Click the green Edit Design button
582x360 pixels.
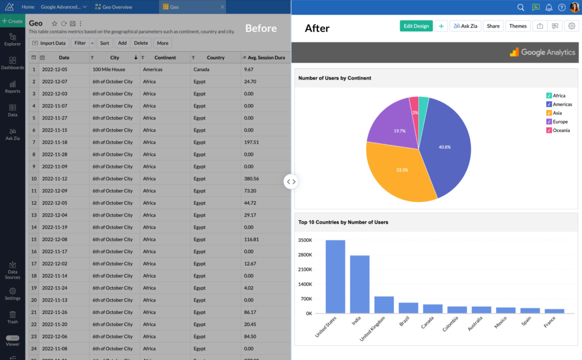[x=416, y=26]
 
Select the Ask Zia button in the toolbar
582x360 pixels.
[x=465, y=26]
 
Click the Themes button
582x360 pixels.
[x=517, y=26]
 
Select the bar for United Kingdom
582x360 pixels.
[x=384, y=304]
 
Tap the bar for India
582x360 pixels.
[x=360, y=284]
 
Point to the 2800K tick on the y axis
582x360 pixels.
[x=305, y=255]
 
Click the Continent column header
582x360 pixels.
[x=165, y=57]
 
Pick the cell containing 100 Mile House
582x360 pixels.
[x=111, y=69]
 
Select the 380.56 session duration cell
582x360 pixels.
[x=251, y=179]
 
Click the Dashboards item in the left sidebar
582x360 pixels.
[x=13, y=63]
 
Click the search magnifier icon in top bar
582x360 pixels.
[x=521, y=7]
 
